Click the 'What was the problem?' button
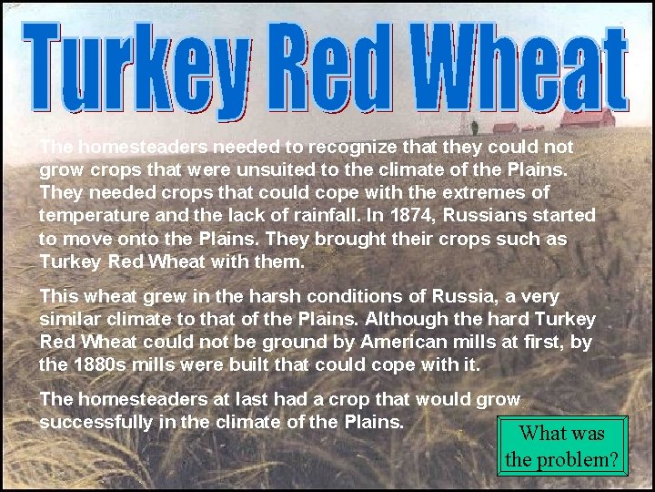pos(562,446)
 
